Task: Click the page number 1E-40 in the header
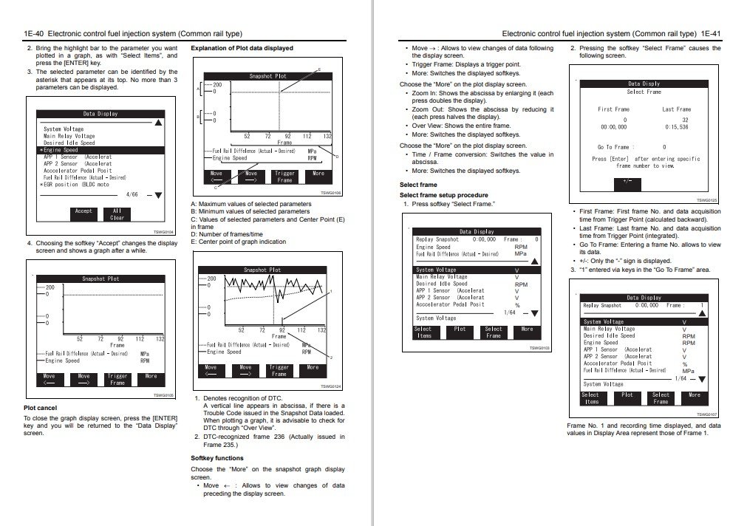click(34, 33)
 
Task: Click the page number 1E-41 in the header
click(711, 33)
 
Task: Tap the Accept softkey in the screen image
click(84, 211)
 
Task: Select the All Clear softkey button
click(117, 214)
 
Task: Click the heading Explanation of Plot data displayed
click(242, 48)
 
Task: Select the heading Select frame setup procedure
click(444, 195)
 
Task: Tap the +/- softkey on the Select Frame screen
click(627, 180)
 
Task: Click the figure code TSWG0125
click(707, 200)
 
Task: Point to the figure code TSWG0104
click(163, 232)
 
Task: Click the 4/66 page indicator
click(132, 194)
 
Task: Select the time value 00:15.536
click(676, 127)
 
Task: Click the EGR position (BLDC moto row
click(76, 184)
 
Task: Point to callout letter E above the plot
click(319, 69)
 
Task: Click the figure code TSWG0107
click(707, 414)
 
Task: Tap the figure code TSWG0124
click(330, 386)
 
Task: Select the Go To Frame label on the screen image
click(612, 147)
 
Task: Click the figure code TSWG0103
click(539, 347)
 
